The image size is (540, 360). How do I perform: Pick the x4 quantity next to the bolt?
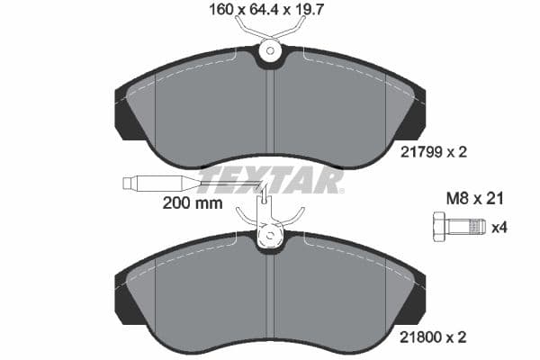point(497,227)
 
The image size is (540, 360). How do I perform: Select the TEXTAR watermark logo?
point(270,180)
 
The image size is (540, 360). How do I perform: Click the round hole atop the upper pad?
point(269,53)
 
